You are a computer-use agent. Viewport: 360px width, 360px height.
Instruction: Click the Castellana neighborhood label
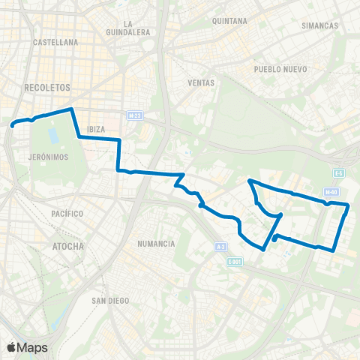click(x=56, y=43)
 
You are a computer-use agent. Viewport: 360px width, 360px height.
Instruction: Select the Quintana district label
click(x=229, y=21)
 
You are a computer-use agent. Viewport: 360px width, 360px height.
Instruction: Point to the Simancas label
click(x=319, y=25)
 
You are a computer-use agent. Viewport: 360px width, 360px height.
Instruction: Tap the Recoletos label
click(x=47, y=87)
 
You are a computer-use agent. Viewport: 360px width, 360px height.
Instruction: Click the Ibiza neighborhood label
click(x=96, y=129)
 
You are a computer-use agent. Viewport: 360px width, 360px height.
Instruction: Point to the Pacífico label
click(x=67, y=214)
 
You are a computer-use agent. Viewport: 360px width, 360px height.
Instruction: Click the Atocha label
click(x=69, y=245)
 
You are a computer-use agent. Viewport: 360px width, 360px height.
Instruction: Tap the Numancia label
click(x=157, y=244)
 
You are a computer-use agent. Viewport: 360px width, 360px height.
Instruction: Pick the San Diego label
click(x=110, y=300)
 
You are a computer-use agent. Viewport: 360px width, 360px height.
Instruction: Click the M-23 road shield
click(x=134, y=116)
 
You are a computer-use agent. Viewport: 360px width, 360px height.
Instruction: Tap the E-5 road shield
click(x=339, y=173)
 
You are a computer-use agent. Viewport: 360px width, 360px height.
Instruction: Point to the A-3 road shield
click(x=220, y=246)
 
